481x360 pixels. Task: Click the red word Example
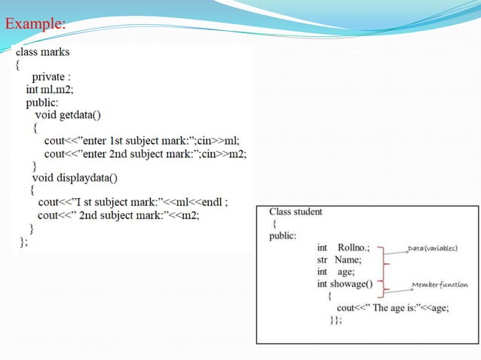pos(34,24)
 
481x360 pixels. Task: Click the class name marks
pos(75,52)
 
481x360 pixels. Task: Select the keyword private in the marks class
pos(50,76)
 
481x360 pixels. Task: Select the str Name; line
pos(339,259)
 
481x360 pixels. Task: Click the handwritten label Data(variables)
pos(433,248)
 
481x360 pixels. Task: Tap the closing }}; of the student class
pos(336,320)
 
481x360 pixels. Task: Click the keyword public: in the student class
pos(283,236)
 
